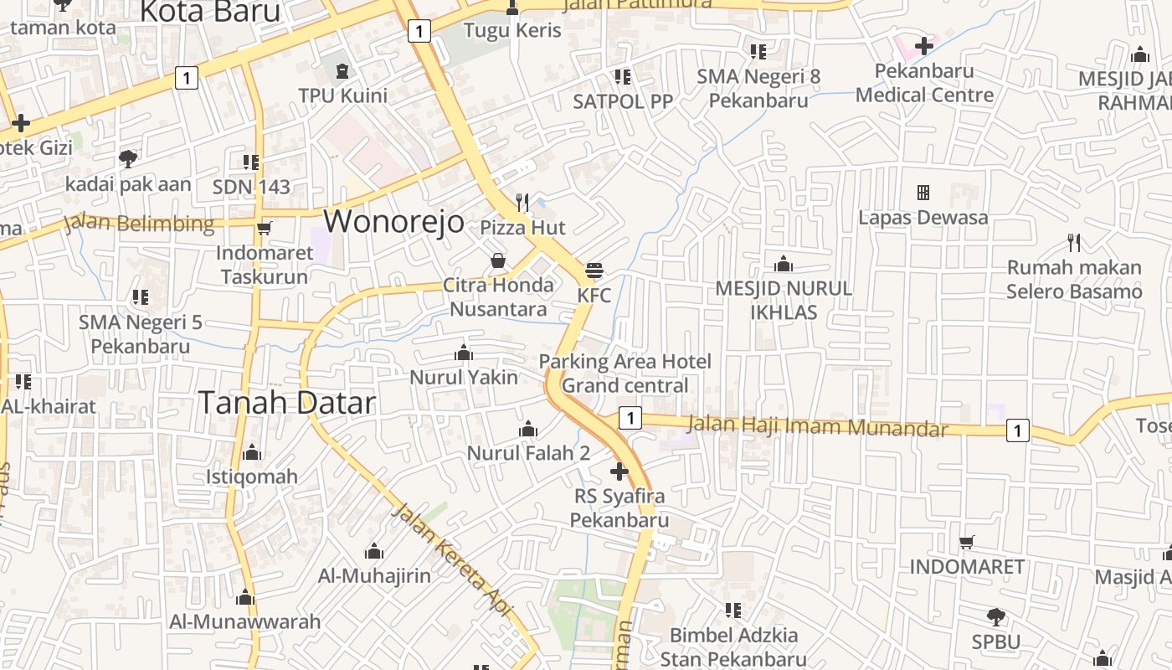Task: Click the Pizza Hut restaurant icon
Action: (x=522, y=202)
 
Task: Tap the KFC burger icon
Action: (x=594, y=270)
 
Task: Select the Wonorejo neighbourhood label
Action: (x=393, y=221)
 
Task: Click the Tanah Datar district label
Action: (x=287, y=403)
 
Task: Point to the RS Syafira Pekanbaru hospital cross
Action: (x=619, y=472)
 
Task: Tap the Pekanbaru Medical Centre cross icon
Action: (x=924, y=45)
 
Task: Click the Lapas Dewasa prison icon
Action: (x=923, y=193)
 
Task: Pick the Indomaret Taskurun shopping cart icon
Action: (x=265, y=228)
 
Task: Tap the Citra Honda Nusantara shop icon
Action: (x=498, y=260)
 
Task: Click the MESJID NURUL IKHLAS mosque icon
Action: (x=784, y=265)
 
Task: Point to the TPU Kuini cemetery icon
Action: (x=342, y=70)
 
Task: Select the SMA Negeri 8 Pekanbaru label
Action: (x=758, y=88)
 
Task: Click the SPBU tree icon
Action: (x=996, y=617)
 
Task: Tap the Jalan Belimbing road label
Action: (x=140, y=224)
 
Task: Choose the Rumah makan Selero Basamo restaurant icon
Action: (x=1074, y=243)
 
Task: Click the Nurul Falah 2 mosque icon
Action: (x=528, y=430)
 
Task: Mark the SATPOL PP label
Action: (x=623, y=101)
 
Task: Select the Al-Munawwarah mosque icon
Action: (x=245, y=597)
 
